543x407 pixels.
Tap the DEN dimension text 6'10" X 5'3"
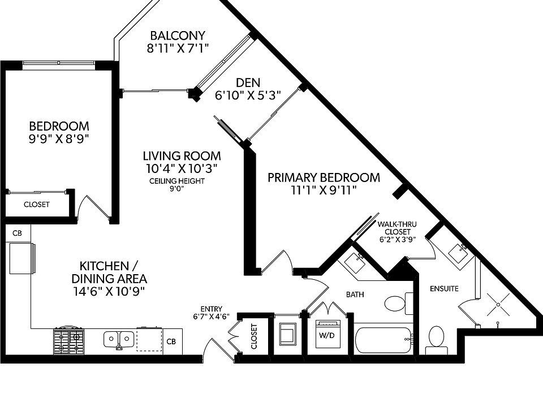(x=248, y=96)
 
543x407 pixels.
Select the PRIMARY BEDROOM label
(x=324, y=177)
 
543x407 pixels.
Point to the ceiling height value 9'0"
(x=176, y=189)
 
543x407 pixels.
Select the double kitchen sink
(x=119, y=339)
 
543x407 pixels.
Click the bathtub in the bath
(x=383, y=338)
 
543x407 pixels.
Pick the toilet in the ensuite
(x=436, y=338)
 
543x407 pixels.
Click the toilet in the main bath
(x=397, y=304)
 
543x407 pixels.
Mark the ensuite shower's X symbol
(x=498, y=305)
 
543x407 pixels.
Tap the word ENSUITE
(x=443, y=289)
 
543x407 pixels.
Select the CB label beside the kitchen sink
(x=171, y=341)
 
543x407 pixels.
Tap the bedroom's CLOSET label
(x=36, y=204)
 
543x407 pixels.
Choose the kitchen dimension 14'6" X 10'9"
(x=109, y=291)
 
